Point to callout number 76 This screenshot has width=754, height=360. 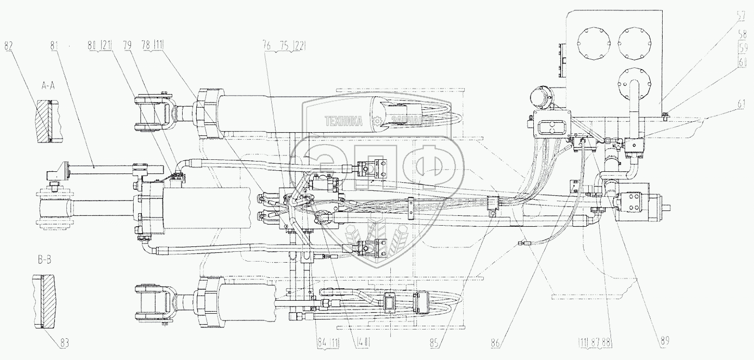click(268, 47)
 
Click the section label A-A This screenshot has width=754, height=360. click(48, 85)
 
